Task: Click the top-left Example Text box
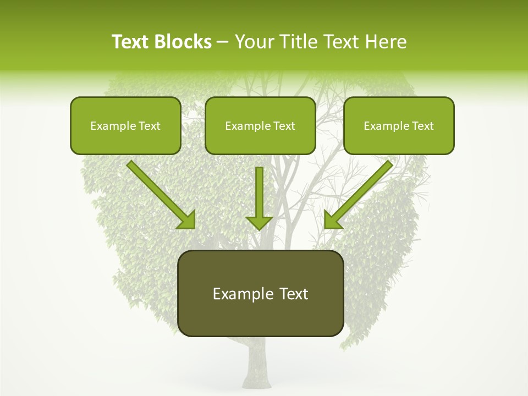point(125,125)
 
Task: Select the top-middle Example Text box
point(260,125)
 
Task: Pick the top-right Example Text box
point(399,125)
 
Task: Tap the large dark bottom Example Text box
point(260,293)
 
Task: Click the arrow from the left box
point(159,193)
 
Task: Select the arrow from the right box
point(360,193)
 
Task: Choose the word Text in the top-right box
point(422,126)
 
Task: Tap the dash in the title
point(223,42)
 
